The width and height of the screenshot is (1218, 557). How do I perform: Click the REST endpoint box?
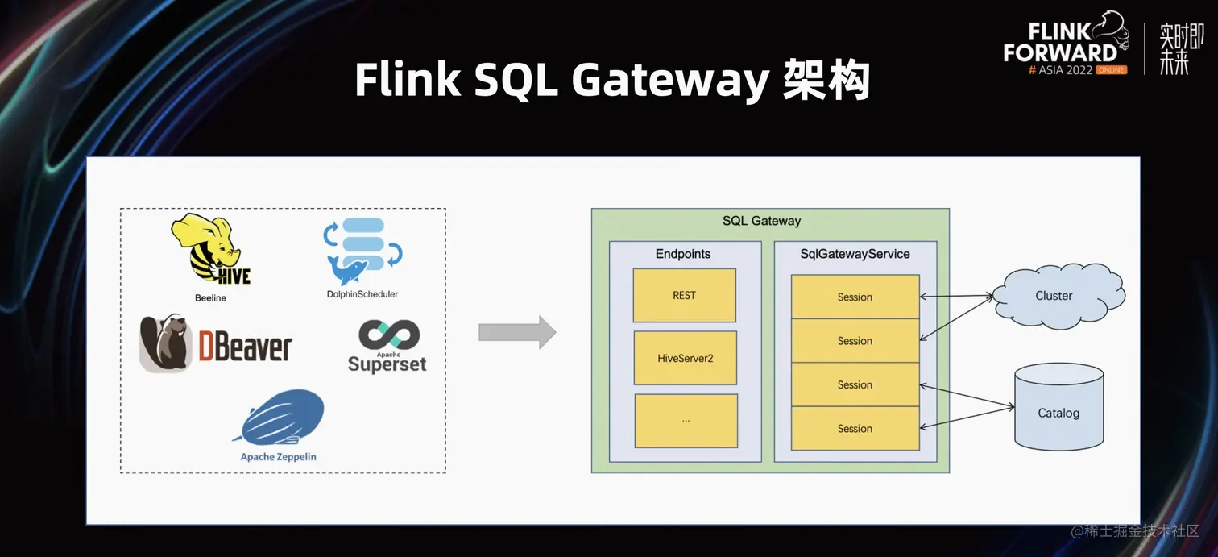pos(684,295)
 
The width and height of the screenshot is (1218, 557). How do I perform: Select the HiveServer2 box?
pos(685,358)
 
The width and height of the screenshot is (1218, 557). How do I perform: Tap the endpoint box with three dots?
pos(686,420)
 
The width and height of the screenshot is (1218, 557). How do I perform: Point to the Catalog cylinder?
pos(1058,407)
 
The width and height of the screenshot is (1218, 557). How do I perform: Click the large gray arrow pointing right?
pos(516,332)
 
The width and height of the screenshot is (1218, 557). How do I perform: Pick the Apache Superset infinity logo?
pos(388,335)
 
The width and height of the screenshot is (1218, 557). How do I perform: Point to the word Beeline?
pos(210,298)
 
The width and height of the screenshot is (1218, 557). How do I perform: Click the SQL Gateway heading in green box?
pos(761,221)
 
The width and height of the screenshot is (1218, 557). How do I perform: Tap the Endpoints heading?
pos(683,254)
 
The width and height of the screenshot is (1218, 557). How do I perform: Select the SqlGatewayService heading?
pos(854,254)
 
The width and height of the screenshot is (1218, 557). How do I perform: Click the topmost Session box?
pos(855,297)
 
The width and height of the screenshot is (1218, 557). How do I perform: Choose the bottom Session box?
pos(855,429)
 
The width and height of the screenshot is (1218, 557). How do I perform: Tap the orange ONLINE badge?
pos(1111,70)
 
